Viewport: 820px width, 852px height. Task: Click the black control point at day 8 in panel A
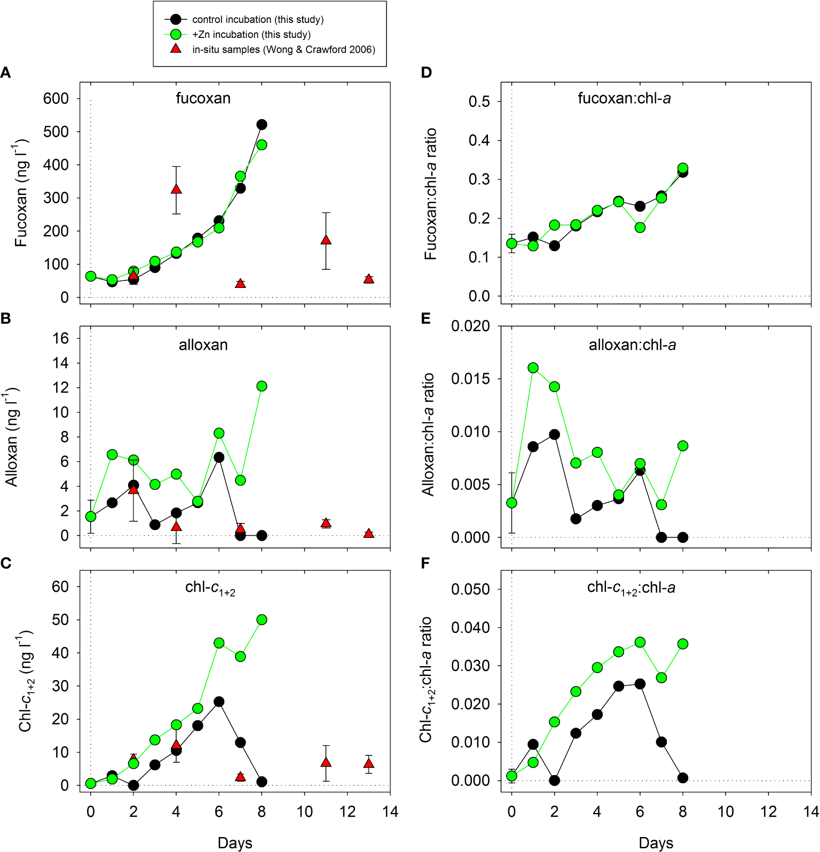(x=262, y=124)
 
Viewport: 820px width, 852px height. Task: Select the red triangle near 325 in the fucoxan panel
(x=176, y=189)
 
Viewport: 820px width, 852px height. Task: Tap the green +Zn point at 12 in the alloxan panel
(x=262, y=386)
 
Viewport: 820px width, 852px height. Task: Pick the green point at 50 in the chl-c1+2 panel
(x=262, y=620)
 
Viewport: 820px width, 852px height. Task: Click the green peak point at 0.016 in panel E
(x=533, y=368)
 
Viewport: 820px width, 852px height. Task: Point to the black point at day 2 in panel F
(x=554, y=780)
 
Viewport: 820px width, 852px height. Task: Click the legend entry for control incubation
(x=258, y=20)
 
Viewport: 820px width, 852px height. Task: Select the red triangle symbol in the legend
(x=176, y=49)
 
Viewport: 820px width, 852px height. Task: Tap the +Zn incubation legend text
(x=251, y=35)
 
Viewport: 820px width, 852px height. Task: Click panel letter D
(x=426, y=73)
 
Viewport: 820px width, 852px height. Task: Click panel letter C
(x=6, y=564)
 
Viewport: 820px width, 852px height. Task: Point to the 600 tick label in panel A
(x=56, y=98)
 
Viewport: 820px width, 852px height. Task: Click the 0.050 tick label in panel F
(x=470, y=589)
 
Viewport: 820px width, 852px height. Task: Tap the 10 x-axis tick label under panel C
(x=304, y=812)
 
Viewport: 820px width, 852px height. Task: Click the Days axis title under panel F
(x=656, y=843)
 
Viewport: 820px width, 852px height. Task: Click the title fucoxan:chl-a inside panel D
(x=624, y=98)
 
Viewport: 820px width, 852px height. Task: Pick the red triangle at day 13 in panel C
(x=368, y=764)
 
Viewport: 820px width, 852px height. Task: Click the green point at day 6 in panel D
(x=640, y=228)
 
